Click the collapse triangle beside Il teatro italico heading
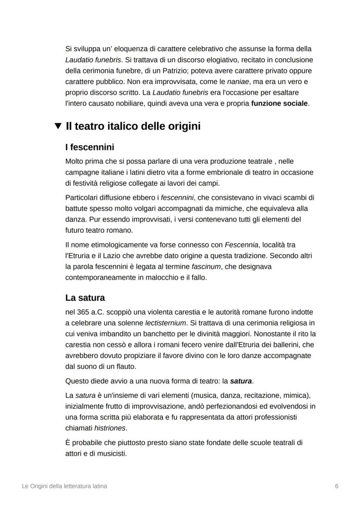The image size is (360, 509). (x=58, y=126)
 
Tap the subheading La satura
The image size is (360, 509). (x=85, y=298)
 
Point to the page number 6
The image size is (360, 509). (x=337, y=486)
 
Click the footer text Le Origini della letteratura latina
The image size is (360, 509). (x=64, y=486)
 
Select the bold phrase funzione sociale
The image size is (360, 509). (x=280, y=103)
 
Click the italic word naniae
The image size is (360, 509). (x=238, y=82)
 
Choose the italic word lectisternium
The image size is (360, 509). (x=165, y=323)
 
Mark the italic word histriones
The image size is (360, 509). (x=110, y=428)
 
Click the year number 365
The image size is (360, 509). (x=83, y=312)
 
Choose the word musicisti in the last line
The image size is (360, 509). (x=112, y=453)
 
